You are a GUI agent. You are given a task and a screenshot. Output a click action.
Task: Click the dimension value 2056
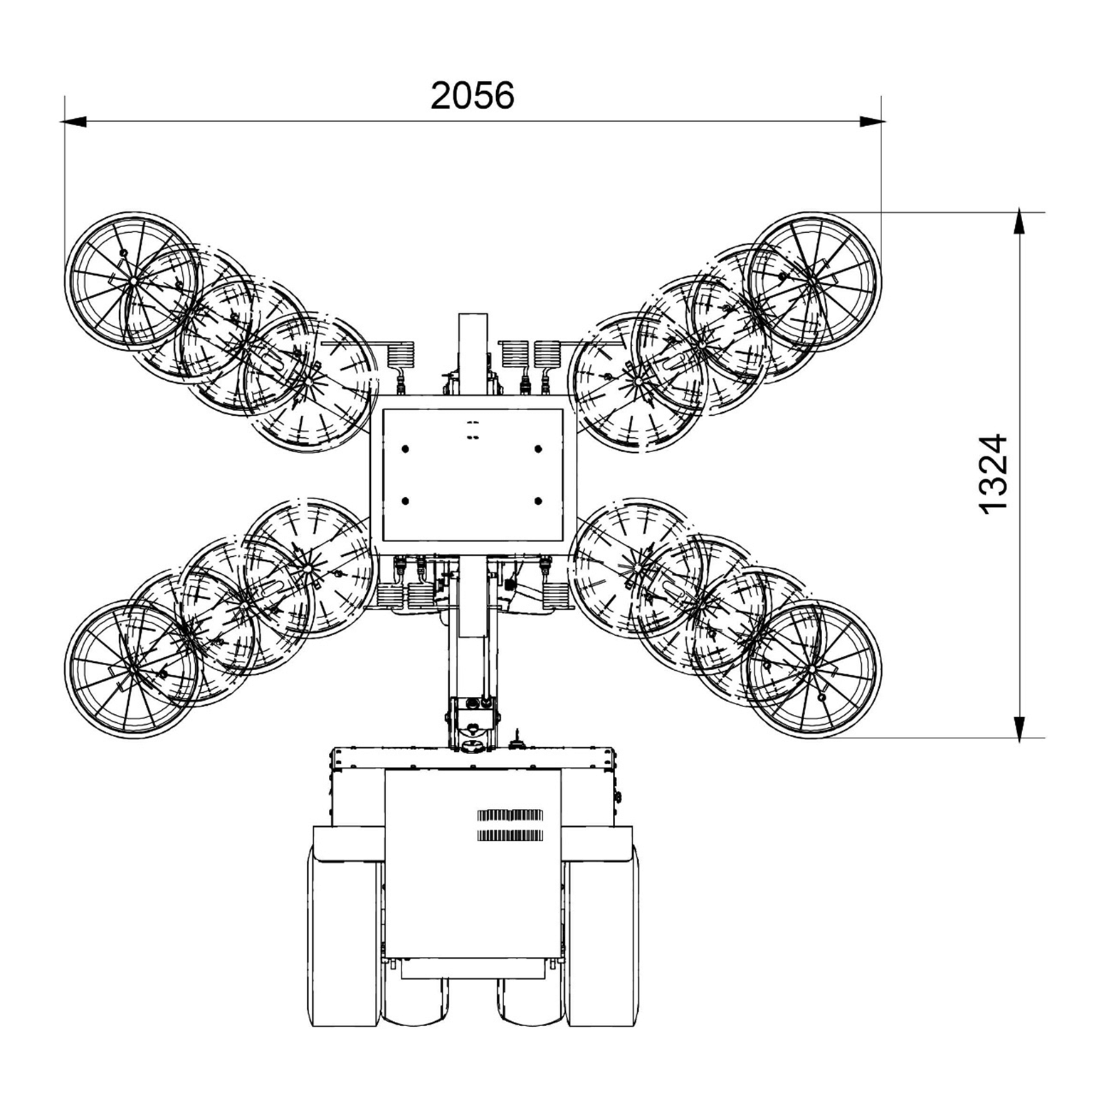pos(472,95)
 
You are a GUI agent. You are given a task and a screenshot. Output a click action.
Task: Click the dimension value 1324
pos(993,474)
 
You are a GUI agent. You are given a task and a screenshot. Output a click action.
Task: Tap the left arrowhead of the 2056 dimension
pos(74,122)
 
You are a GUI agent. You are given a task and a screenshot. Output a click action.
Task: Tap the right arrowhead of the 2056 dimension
pos(872,122)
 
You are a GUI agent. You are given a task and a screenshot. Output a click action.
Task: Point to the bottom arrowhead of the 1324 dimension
pos(1020,728)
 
